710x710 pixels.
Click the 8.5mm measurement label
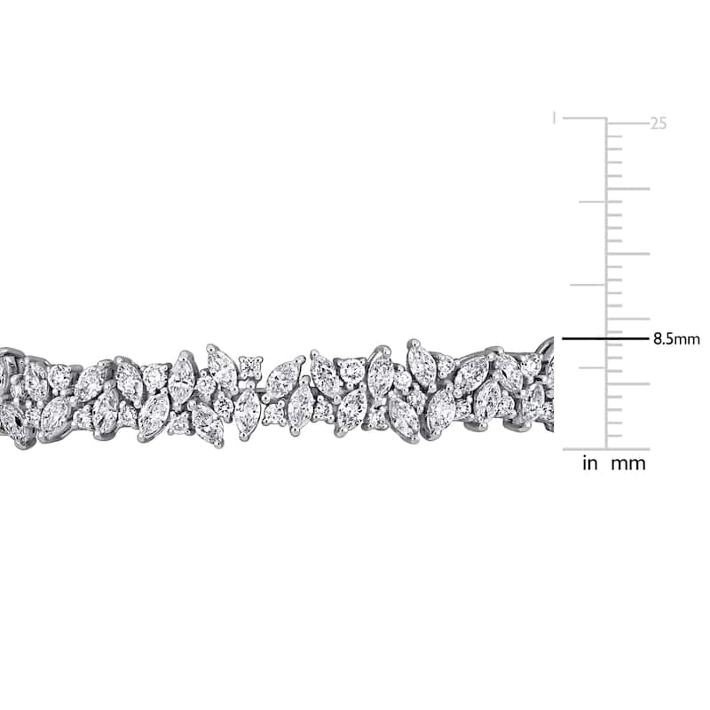click(x=676, y=339)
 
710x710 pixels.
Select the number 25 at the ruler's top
click(x=659, y=123)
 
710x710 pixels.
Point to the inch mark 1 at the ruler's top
click(x=554, y=119)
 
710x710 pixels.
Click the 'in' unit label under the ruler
click(x=590, y=463)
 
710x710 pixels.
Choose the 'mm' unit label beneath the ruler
click(x=628, y=464)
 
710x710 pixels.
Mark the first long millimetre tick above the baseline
click(x=628, y=384)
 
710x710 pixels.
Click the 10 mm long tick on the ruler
click(x=628, y=319)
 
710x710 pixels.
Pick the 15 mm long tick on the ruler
click(x=628, y=254)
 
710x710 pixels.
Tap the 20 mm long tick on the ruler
click(x=628, y=189)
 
